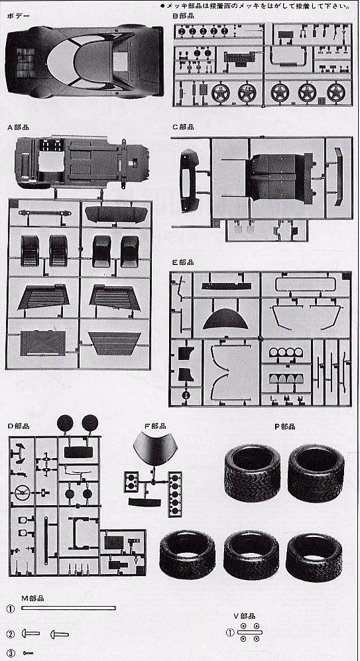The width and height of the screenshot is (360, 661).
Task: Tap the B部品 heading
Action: coord(183,17)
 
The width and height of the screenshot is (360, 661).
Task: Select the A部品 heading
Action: coord(18,127)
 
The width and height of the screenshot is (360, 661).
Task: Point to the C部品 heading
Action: coord(183,127)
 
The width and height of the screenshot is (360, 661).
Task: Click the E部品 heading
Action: coord(183,262)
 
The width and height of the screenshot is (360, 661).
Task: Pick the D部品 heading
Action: coord(18,426)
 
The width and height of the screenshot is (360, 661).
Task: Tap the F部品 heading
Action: coord(155,426)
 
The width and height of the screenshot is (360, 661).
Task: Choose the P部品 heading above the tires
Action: coord(284,426)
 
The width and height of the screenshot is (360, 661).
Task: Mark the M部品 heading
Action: coord(32,598)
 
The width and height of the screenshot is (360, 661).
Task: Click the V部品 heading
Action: coord(245,616)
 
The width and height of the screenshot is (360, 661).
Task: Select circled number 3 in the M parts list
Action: coord(11,654)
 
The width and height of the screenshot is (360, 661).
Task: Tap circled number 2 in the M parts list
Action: coord(11,634)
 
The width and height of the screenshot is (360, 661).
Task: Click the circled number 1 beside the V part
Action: coord(230,632)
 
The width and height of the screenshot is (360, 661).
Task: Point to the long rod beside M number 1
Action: coord(68,608)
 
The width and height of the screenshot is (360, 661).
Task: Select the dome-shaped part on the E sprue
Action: coord(225,319)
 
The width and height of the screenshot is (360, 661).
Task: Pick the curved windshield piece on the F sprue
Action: coord(154,448)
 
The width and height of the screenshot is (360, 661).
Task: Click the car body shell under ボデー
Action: coord(84,62)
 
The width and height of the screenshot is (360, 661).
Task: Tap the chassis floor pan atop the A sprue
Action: coord(82,162)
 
